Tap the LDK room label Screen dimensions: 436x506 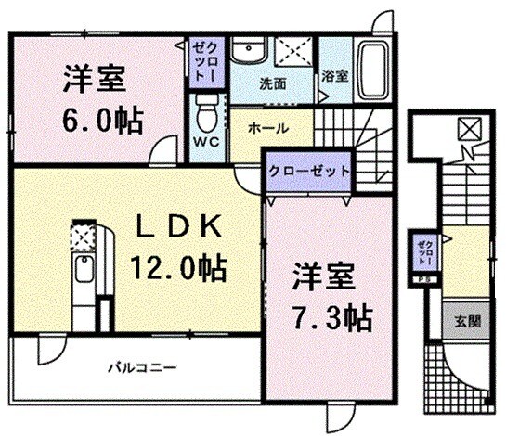click(x=181, y=226)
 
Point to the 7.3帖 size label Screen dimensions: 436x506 click(x=320, y=318)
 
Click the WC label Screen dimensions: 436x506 click(x=206, y=142)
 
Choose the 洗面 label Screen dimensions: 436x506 click(x=272, y=83)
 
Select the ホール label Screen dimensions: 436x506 click(x=268, y=127)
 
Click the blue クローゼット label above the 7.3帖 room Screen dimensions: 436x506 click(x=310, y=172)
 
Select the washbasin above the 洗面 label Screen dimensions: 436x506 click(x=249, y=53)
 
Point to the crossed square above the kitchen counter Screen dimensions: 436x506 click(x=84, y=237)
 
